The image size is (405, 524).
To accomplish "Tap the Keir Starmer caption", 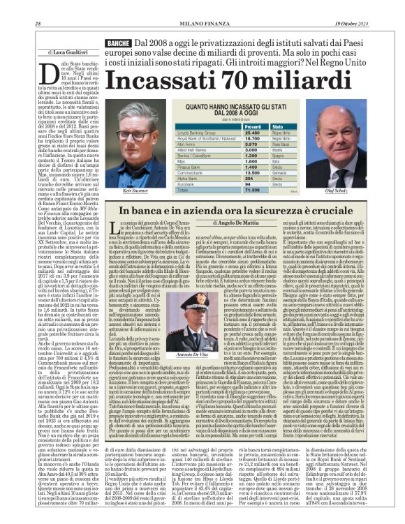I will point(135,190).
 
